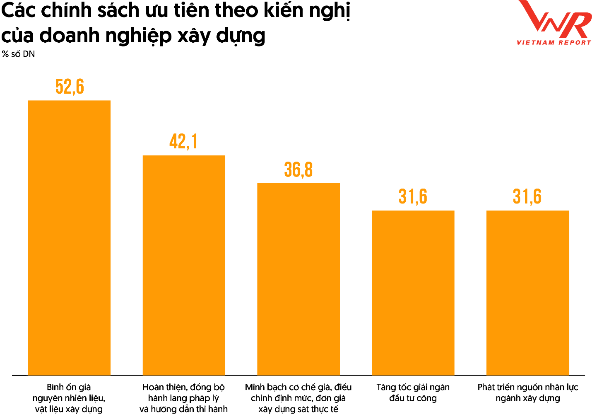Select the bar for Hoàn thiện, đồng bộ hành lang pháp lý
184,265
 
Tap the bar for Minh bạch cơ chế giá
298,279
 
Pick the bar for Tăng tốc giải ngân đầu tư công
413,293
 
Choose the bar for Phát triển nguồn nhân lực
527,293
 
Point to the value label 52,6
70,87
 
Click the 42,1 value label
183,142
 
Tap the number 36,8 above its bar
298,170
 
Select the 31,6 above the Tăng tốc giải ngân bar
413,196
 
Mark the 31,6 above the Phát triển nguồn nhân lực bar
527,196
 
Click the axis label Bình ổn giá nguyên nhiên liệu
69,398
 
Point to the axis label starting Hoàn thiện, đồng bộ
183,398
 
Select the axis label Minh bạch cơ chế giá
298,398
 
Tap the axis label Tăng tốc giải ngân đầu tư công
413,392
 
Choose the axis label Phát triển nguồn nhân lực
527,392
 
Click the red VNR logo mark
554,19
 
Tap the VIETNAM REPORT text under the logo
554,42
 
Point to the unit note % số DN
18,54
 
